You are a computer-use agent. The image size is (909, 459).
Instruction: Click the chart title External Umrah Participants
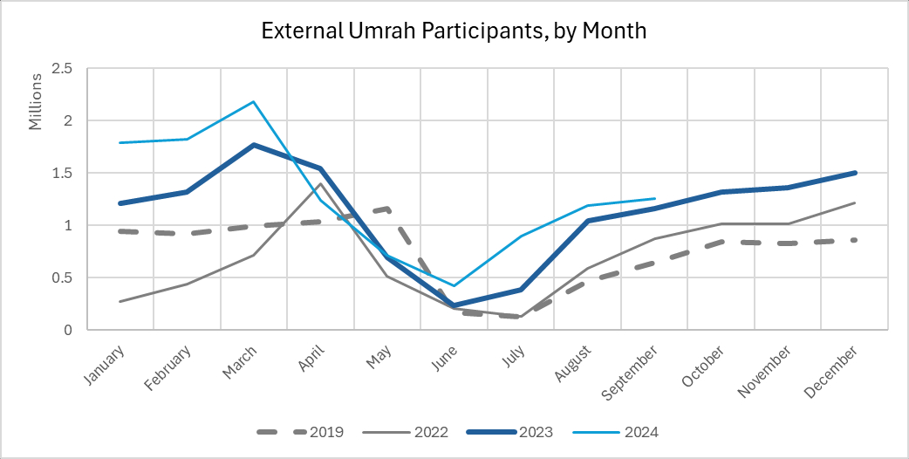[454, 32]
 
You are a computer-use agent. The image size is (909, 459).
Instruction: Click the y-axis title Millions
[36, 102]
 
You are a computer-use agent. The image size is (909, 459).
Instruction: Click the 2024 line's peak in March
[254, 101]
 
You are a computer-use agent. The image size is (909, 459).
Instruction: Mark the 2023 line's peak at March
[254, 145]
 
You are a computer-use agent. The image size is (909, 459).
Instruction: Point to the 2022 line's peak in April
[320, 183]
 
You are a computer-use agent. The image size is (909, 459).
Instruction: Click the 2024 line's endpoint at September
[655, 198]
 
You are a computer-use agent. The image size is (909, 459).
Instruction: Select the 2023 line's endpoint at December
[856, 173]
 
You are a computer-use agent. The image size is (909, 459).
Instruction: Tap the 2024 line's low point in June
[454, 286]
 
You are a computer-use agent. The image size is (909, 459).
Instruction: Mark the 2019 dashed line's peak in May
[387, 209]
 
